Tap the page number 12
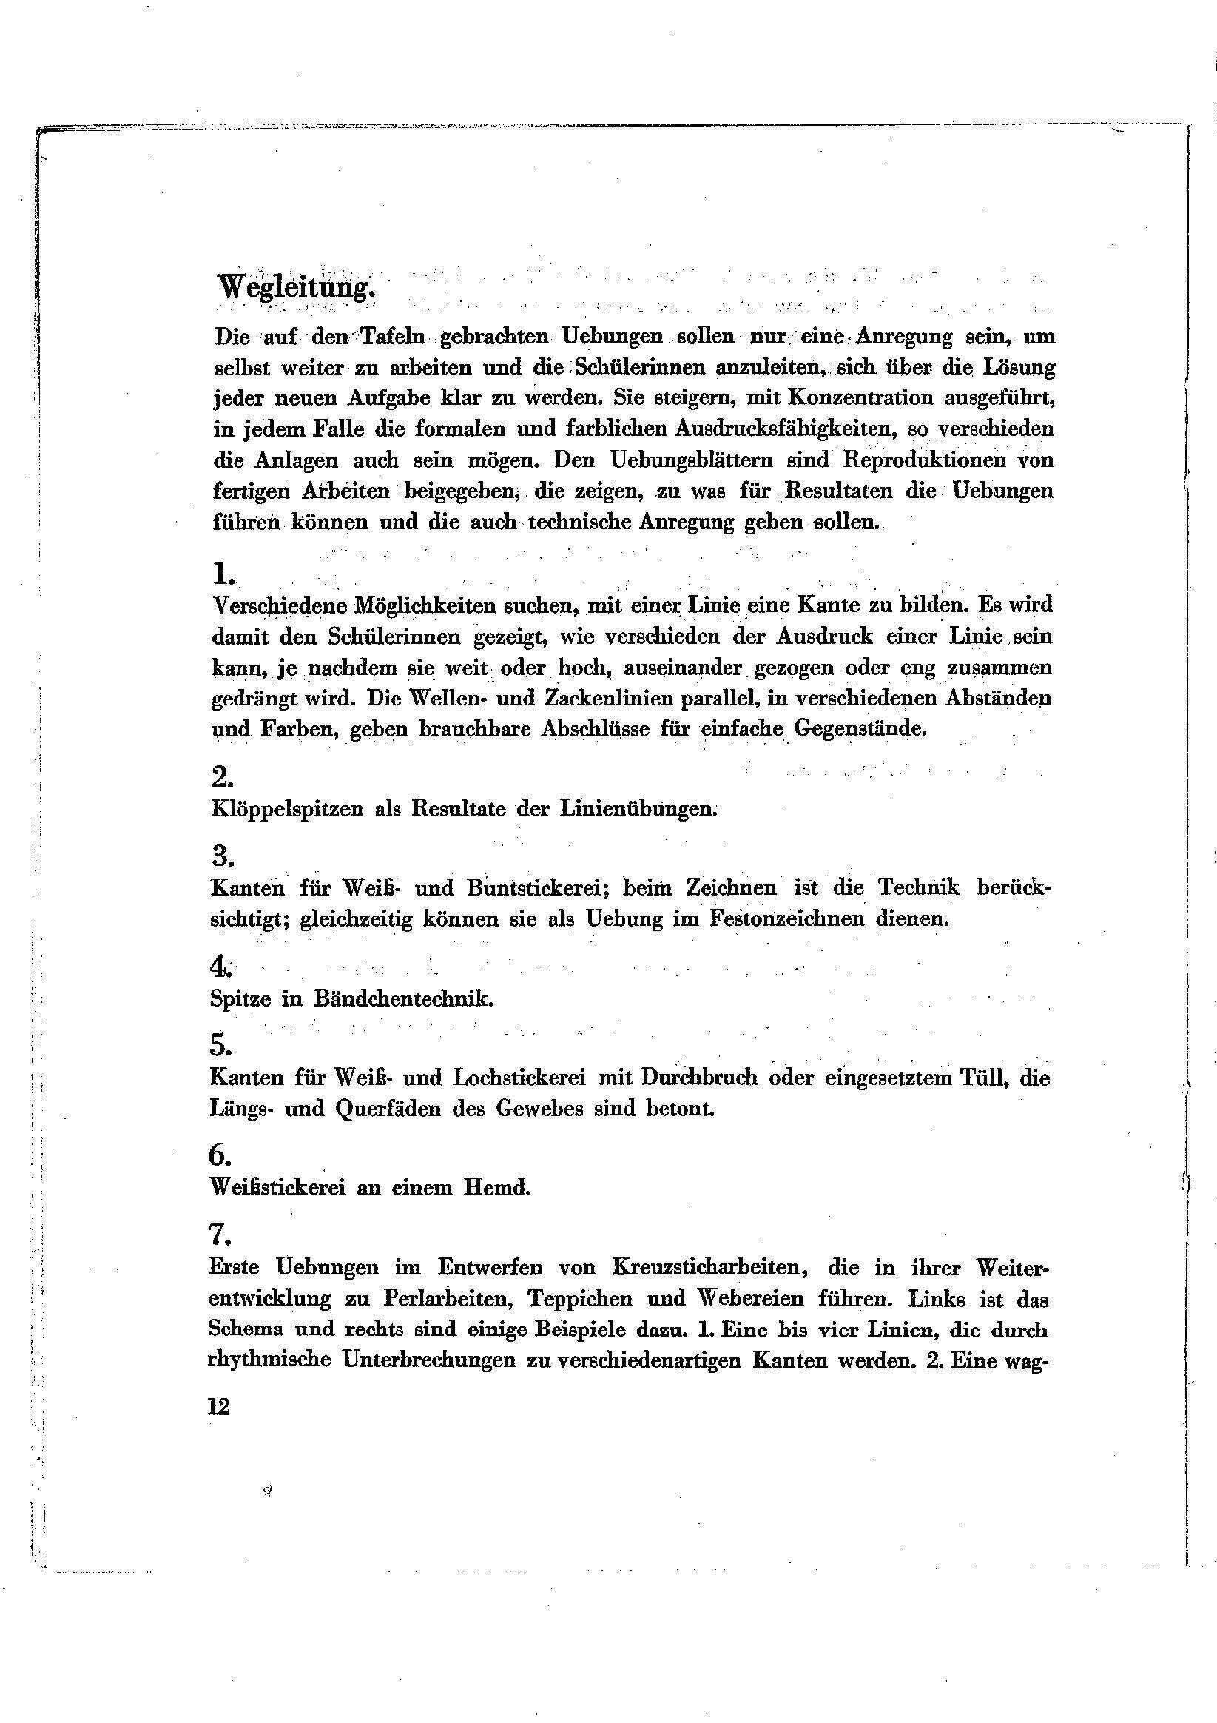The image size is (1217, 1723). (218, 1407)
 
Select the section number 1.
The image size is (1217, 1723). (223, 575)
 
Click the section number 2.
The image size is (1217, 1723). (222, 777)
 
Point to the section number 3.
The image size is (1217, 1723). (222, 855)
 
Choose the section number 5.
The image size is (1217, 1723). (220, 1044)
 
